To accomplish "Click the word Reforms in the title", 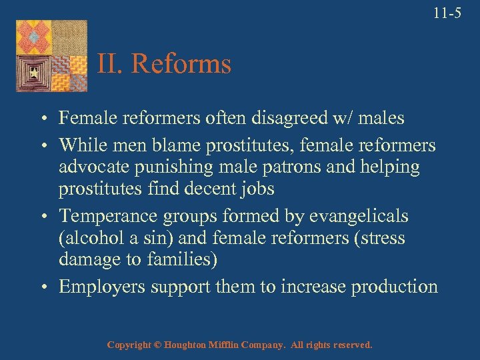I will pyautogui.click(x=181, y=65).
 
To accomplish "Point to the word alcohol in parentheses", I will pyautogui.click(x=89, y=238).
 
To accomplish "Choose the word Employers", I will pyautogui.click(x=99, y=287).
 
